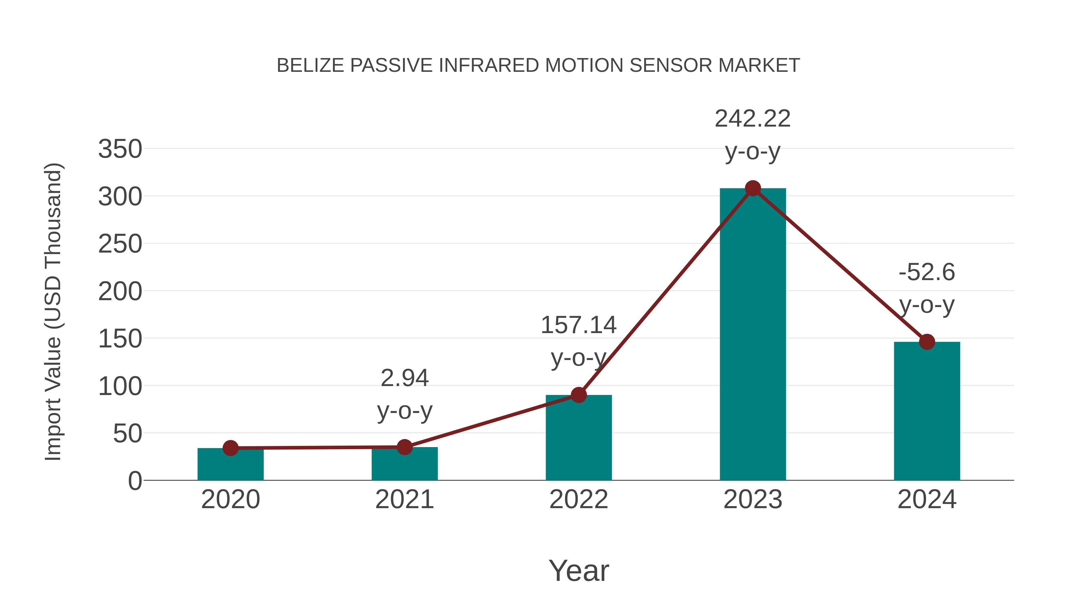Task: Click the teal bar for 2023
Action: click(753, 335)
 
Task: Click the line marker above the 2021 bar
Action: click(404, 447)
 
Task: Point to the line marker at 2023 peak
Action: click(753, 189)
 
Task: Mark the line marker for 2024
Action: click(927, 342)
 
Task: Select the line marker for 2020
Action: click(230, 448)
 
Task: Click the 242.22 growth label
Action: click(753, 119)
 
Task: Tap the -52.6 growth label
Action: click(927, 272)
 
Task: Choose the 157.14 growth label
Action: click(579, 325)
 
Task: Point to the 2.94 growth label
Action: click(404, 378)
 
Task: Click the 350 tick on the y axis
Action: click(120, 149)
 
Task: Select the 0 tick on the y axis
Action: click(135, 481)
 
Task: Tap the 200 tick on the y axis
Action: click(120, 291)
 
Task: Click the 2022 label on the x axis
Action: click(579, 499)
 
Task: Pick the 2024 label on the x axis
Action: click(927, 499)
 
